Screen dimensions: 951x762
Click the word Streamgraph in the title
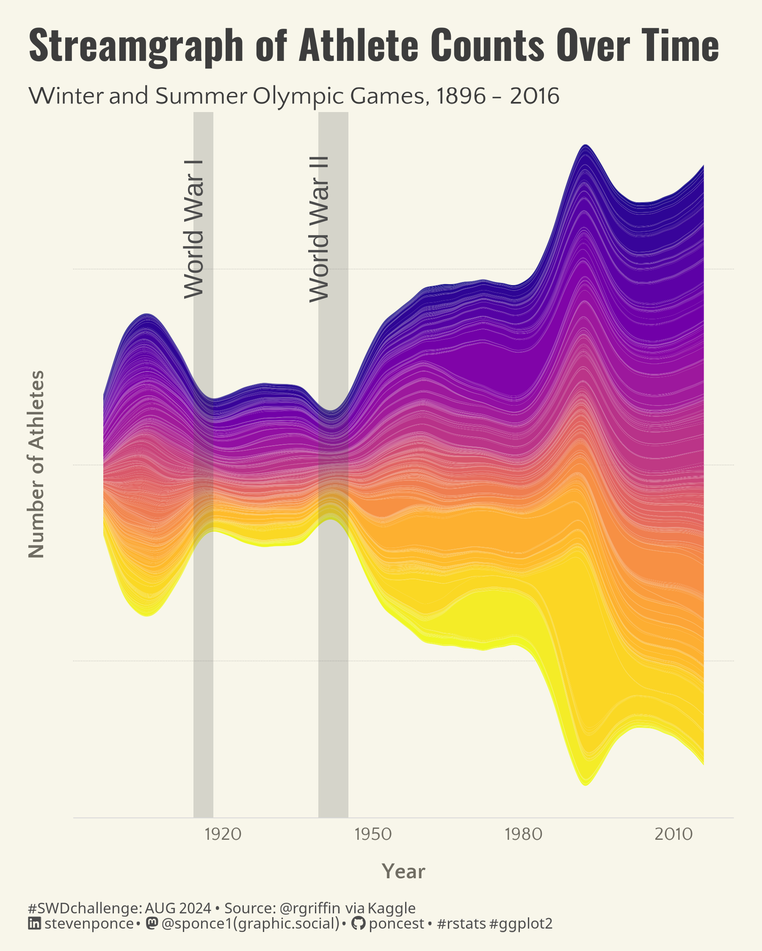point(135,46)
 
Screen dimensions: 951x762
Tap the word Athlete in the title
point(359,45)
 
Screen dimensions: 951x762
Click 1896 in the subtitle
point(461,96)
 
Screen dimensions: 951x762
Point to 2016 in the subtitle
point(535,96)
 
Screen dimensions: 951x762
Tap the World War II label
point(319,229)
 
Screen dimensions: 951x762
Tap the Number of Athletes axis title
point(37,464)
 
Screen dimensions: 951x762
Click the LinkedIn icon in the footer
point(34,923)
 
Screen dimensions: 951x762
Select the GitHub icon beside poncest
point(358,923)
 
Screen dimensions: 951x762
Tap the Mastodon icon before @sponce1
point(152,923)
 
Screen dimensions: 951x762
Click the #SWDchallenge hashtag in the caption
point(84,908)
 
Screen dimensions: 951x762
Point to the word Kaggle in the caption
point(391,908)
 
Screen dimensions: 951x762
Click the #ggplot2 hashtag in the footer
point(521,924)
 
